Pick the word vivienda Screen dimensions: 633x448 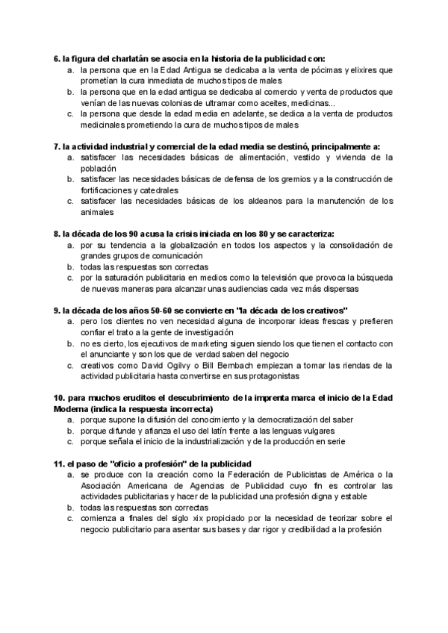(349, 158)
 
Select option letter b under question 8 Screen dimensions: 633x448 (69, 266)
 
